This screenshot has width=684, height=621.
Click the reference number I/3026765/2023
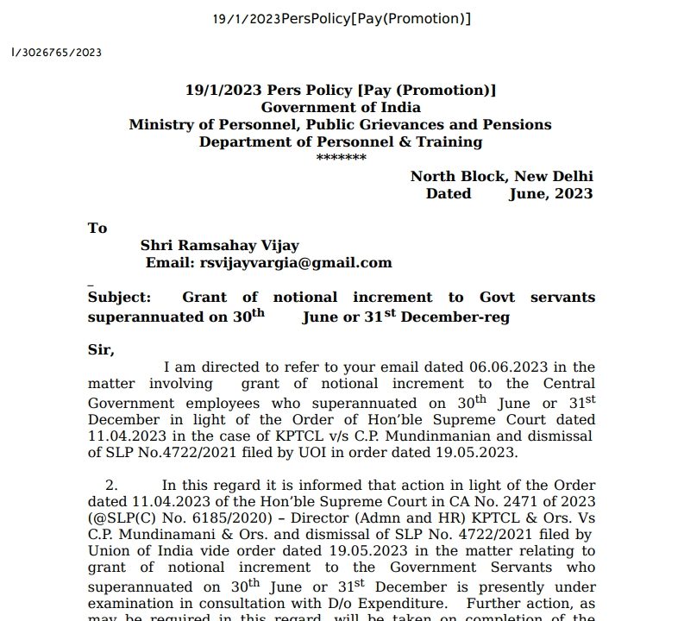[x=57, y=53]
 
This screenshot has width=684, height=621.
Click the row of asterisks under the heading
[x=341, y=159]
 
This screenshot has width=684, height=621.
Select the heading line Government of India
[x=341, y=107]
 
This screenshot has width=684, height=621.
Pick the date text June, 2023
[x=550, y=193]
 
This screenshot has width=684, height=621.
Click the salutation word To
[x=97, y=228]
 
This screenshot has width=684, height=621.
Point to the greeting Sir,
[x=101, y=350]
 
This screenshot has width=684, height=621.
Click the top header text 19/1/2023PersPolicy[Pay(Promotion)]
[x=342, y=19]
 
